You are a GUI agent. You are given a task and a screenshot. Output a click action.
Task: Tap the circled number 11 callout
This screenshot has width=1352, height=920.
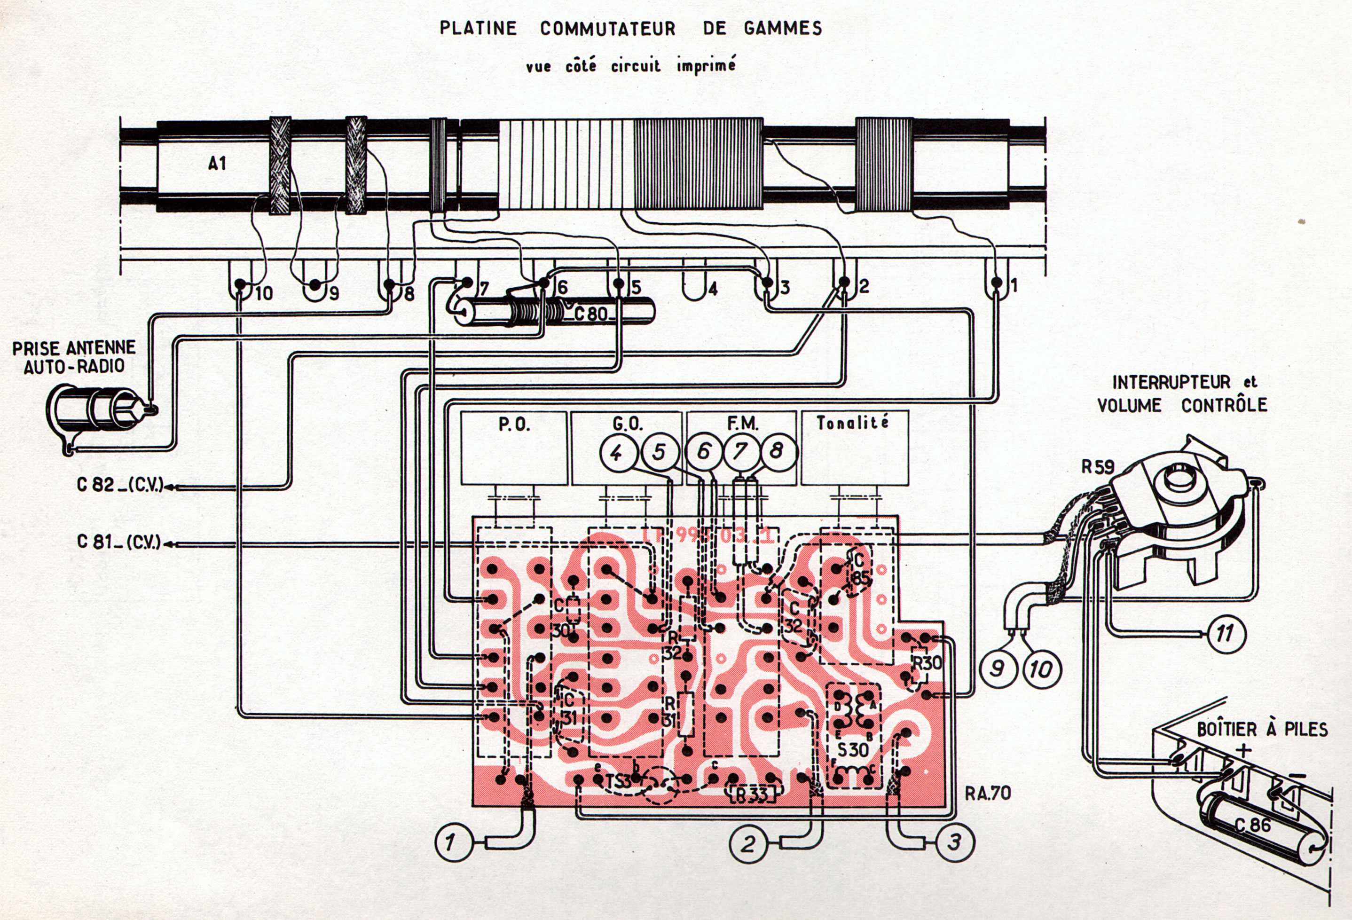pos(1225,634)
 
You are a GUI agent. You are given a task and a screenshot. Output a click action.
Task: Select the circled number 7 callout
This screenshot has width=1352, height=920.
pos(740,452)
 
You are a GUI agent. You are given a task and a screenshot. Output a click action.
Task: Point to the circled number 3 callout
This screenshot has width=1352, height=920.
pos(954,842)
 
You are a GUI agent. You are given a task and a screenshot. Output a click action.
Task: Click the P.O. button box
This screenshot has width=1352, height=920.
pos(514,448)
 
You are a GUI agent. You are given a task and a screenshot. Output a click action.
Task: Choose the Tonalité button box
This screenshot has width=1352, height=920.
pos(854,448)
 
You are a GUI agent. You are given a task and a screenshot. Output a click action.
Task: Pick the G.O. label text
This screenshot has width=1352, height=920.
pos(628,424)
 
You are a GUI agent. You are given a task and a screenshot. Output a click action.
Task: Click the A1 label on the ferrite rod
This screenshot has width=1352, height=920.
pos(217,164)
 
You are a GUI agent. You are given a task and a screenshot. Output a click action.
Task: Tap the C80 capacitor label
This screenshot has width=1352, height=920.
pos(590,315)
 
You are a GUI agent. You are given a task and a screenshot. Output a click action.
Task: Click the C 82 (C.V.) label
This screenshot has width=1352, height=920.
pos(120,485)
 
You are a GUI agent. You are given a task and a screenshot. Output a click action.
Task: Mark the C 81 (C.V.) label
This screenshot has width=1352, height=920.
pos(119,543)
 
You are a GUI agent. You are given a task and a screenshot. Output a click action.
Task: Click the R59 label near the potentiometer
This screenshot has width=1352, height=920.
pos(1098,467)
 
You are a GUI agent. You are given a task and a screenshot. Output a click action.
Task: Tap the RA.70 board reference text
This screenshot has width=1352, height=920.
pos(988,793)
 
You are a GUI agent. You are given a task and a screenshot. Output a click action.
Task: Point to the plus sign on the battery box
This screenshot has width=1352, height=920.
pos(1243,750)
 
